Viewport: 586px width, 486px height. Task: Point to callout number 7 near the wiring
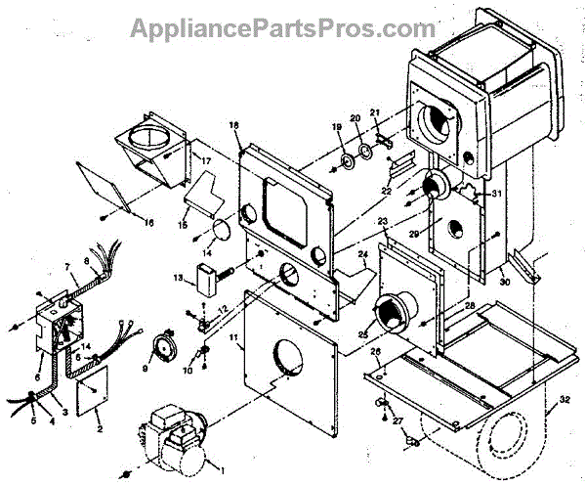(x=67, y=266)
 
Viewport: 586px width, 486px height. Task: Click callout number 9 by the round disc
(x=146, y=369)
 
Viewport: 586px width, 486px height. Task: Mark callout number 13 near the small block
(x=177, y=279)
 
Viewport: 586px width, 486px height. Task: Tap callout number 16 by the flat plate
(x=149, y=224)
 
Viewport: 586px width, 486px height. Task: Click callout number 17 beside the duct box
(x=206, y=160)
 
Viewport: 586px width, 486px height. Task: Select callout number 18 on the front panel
(x=234, y=125)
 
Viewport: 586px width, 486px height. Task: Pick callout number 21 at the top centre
(x=374, y=113)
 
